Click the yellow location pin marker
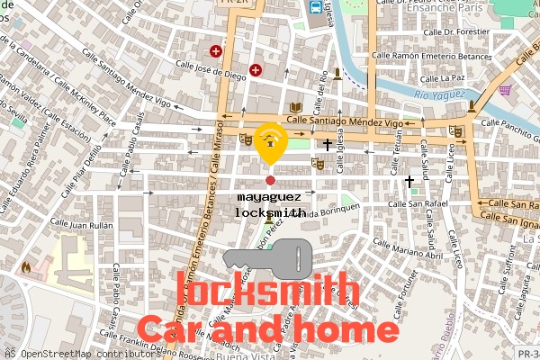pos(270,142)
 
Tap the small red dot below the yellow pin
pos(270,181)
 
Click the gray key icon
pos(269,258)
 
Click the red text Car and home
pos(266,328)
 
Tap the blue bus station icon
pos(315,7)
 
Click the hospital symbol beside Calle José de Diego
pos(256,69)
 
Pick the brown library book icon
pos(295,109)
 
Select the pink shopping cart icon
pos(505,90)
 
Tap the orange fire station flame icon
pos(26,267)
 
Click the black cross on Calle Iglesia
pos(328,144)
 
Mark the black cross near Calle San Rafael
pos(409,182)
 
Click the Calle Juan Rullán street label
pos(81,222)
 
